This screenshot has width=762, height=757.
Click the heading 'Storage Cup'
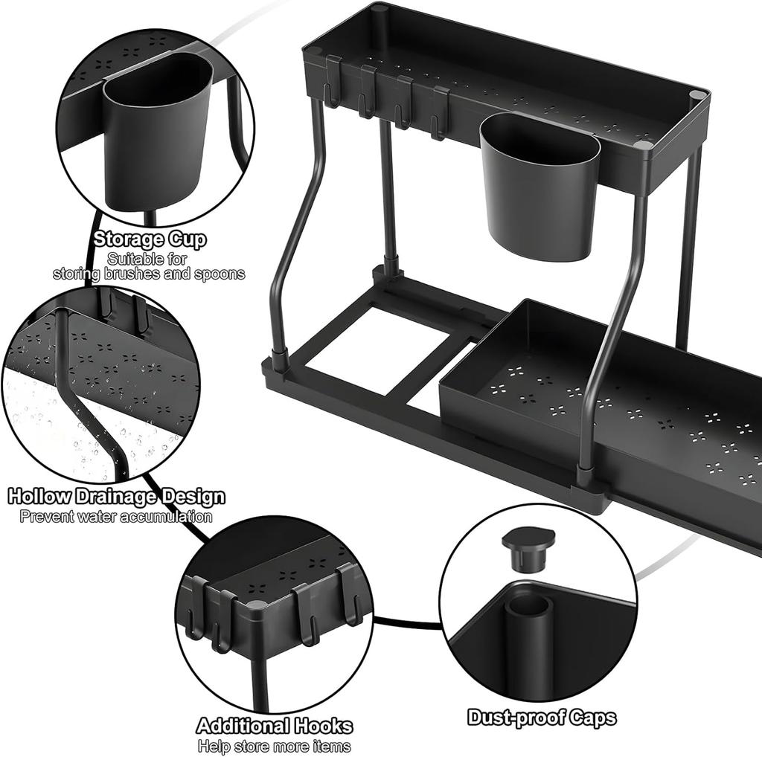coord(150,240)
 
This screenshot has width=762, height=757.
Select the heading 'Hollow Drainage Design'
coord(116,497)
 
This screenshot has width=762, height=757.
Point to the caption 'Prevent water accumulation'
coord(116,516)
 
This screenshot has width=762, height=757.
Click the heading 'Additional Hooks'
coord(274,726)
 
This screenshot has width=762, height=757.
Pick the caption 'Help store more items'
coord(274,746)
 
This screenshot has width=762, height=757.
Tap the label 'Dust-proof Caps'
coord(542,718)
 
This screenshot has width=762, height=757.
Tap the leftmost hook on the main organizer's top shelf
coord(333,81)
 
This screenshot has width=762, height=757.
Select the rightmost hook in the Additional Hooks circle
coord(347,595)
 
